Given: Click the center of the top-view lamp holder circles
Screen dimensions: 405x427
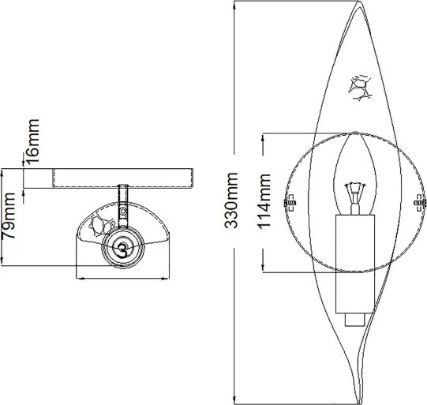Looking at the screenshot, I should click(x=122, y=246).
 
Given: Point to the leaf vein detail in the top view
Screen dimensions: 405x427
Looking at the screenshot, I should click(x=99, y=224).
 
